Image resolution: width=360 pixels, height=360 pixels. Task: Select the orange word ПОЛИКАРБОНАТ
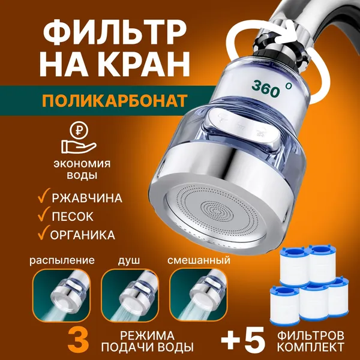point(114,101)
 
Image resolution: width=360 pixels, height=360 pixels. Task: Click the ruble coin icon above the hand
point(79,130)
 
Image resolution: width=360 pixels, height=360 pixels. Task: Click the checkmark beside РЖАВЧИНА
point(44,196)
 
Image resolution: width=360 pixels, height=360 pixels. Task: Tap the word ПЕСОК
point(73,216)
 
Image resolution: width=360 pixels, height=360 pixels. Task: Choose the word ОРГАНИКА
point(83,235)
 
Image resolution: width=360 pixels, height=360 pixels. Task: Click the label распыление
point(62,260)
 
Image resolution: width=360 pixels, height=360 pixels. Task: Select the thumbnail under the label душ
point(130,295)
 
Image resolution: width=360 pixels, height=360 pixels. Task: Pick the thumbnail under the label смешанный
point(199,295)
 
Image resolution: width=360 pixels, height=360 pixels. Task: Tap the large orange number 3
point(79,340)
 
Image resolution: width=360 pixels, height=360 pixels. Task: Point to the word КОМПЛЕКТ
point(311,347)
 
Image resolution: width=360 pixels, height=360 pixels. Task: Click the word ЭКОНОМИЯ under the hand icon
point(82,164)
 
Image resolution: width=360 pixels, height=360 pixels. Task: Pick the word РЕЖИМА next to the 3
point(147,335)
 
